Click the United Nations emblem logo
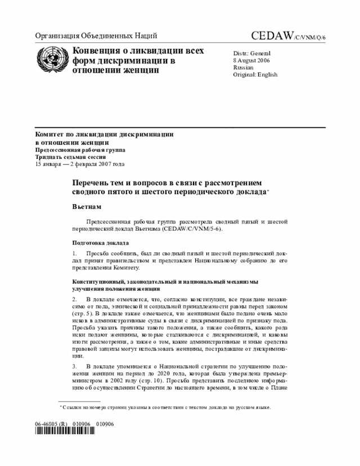click(51, 60)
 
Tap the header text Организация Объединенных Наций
click(96, 36)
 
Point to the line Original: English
click(255, 74)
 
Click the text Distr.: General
click(251, 53)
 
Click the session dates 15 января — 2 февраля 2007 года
click(79, 164)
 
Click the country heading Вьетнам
click(87, 207)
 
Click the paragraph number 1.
click(74, 254)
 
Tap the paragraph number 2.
click(74, 297)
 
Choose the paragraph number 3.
click(74, 366)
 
